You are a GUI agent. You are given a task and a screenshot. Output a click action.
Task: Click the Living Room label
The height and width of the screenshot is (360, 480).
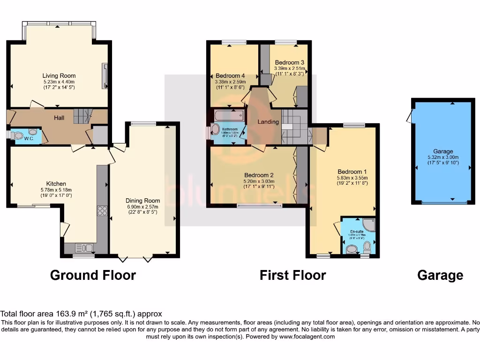tap(59, 75)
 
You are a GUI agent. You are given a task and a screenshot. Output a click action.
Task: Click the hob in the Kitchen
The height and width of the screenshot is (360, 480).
tap(102, 211)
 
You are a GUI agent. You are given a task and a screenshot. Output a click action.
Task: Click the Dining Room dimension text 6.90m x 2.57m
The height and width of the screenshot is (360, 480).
tap(143, 207)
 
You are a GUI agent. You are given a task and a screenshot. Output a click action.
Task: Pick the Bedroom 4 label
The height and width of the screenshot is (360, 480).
tap(230, 76)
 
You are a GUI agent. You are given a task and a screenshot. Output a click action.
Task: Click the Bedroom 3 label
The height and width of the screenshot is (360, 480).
tap(290, 62)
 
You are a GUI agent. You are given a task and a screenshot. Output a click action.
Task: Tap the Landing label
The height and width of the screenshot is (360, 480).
tap(268, 122)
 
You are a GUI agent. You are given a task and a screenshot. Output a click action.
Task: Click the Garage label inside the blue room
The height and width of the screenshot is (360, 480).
tap(443, 151)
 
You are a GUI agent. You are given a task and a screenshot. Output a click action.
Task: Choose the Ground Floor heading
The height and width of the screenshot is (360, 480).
tap(93, 275)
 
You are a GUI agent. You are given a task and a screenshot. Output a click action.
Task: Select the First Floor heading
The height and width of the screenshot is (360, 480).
tap(292, 275)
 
